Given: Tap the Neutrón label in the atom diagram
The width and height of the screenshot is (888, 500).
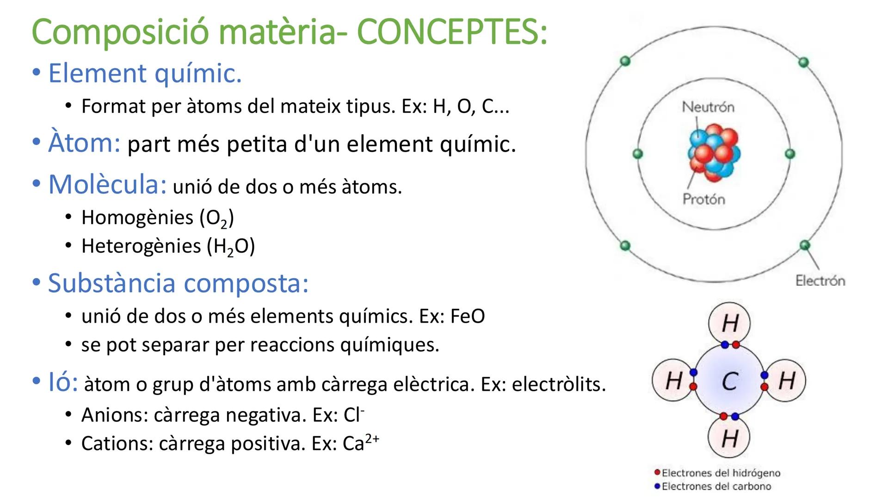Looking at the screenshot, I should (708, 107).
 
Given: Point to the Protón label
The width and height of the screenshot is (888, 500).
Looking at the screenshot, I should (704, 199).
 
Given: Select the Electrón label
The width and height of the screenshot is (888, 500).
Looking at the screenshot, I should (820, 281).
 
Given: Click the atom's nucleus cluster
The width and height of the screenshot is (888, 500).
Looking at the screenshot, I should (714, 152).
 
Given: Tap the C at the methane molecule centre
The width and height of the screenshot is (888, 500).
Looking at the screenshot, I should (729, 381).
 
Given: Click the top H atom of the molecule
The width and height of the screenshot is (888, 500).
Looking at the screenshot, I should (729, 323).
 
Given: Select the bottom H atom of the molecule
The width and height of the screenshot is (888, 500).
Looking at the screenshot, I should (729, 437).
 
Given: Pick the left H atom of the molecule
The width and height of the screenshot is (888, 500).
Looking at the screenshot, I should (673, 381).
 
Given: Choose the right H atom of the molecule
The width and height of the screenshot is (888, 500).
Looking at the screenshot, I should (787, 381).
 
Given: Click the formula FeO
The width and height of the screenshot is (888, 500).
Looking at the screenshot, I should (467, 317).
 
